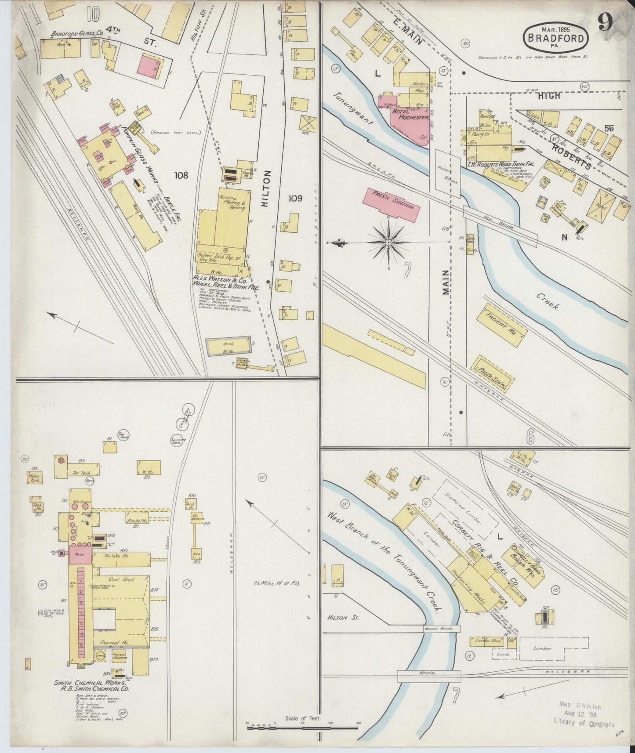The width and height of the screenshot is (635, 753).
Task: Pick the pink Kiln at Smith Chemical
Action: click(x=80, y=555)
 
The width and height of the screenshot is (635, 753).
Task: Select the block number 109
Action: click(x=295, y=199)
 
